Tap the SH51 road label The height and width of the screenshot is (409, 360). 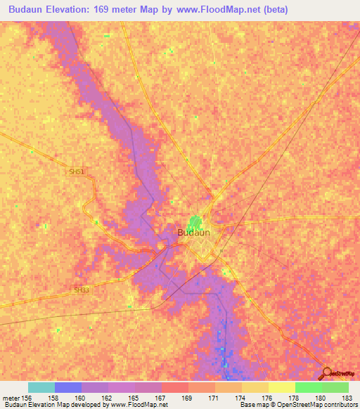pos(77,171)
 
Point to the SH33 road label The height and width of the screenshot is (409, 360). pos(82,290)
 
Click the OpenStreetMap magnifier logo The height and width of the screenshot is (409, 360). pos(328,372)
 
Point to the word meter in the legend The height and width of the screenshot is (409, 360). pos(12,397)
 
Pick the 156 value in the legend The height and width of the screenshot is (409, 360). pos(27,397)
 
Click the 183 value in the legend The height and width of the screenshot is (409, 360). pos(347,397)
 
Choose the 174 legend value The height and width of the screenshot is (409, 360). pos(241,397)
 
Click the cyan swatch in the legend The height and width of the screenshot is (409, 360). pos(41,387)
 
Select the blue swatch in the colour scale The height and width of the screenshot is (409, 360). pos(68,387)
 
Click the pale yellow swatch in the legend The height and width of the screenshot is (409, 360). pos(282,387)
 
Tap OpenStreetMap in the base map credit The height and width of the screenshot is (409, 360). pos(303,405)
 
